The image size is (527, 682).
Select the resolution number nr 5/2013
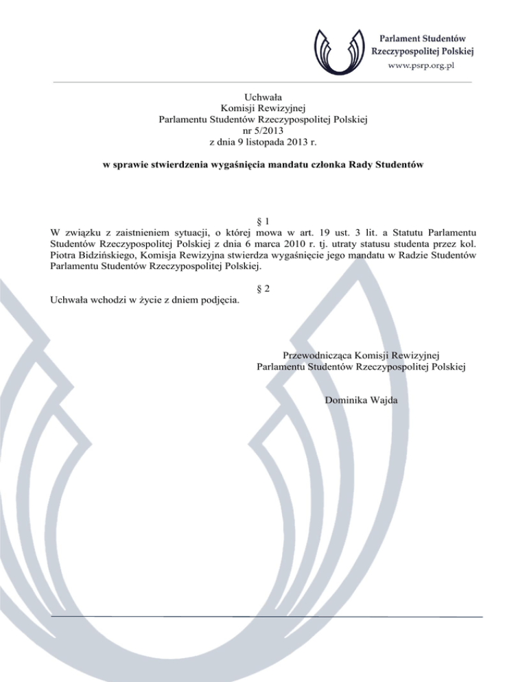[x=263, y=130]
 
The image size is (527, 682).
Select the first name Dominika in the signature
[x=344, y=400]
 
